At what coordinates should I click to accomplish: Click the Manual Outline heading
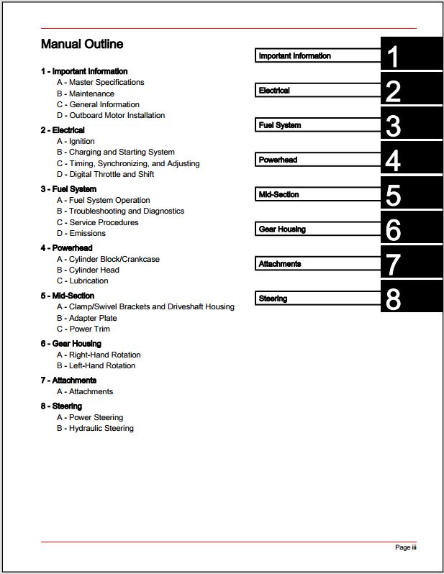[x=82, y=45]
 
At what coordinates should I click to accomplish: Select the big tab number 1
[x=393, y=56]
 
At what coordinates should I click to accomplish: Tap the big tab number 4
[x=393, y=160]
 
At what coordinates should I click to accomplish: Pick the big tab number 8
[x=393, y=299]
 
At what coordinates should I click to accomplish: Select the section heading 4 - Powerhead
[x=67, y=248]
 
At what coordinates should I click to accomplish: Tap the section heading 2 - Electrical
[x=63, y=130]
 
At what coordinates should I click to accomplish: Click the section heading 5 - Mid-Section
[x=68, y=296]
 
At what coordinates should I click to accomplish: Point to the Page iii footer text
[x=406, y=548]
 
